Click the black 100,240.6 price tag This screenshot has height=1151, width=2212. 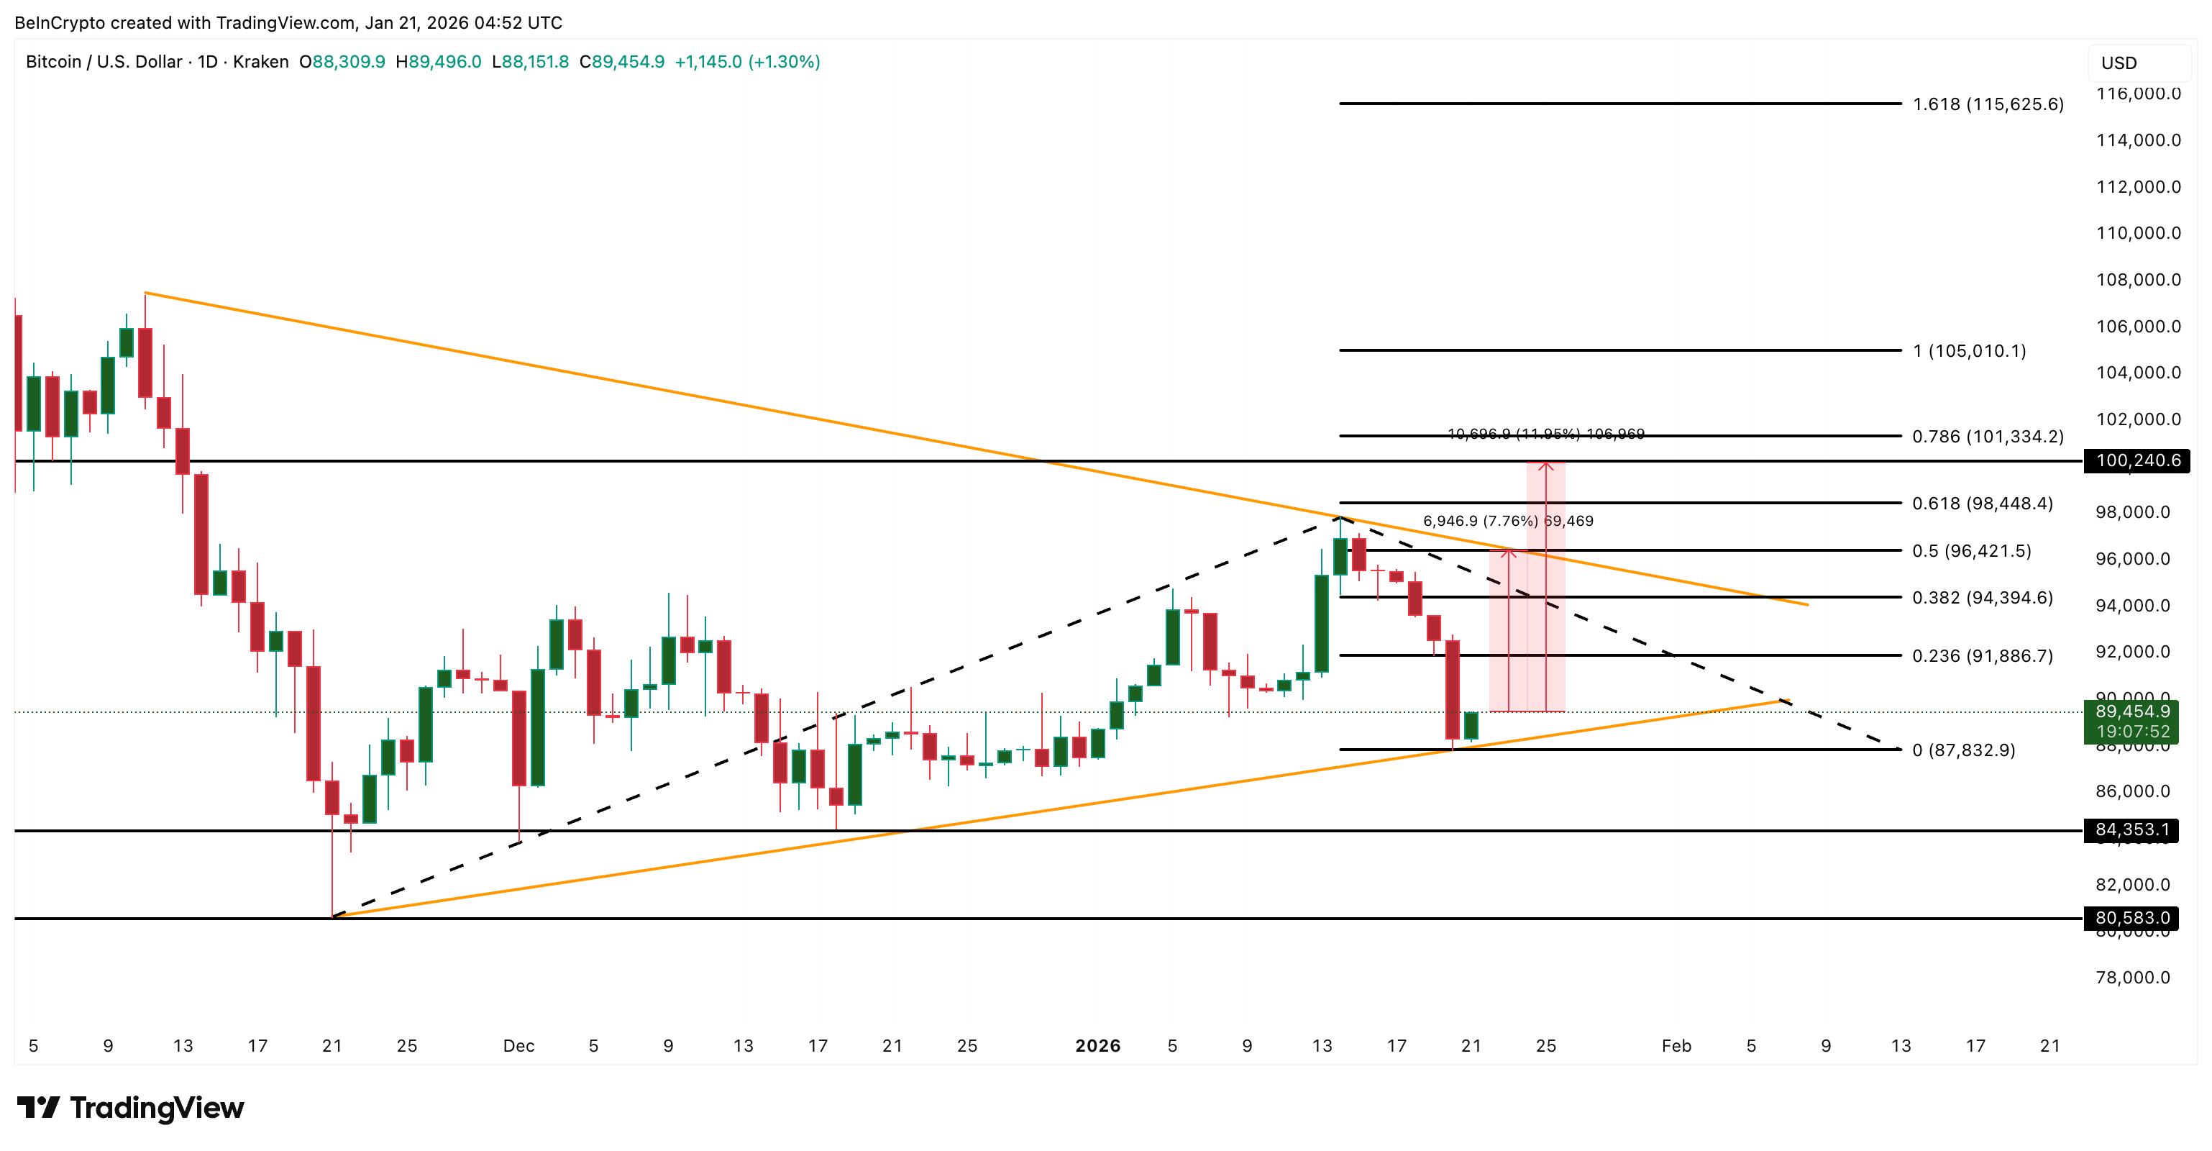(x=2136, y=461)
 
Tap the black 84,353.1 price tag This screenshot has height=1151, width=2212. (x=2131, y=829)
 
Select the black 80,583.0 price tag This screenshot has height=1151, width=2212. (x=2131, y=918)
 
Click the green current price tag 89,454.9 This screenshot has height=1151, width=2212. (x=2131, y=712)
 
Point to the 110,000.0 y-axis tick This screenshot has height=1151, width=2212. (x=2137, y=233)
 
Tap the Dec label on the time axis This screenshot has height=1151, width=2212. (x=518, y=1045)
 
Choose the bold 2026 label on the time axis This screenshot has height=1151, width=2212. (x=1097, y=1045)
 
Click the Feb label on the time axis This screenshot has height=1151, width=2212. (x=1676, y=1045)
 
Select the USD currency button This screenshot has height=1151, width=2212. (x=2119, y=63)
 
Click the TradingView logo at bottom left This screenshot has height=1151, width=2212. (x=131, y=1108)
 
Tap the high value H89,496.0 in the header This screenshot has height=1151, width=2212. (x=438, y=62)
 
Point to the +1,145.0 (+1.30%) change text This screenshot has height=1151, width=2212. (x=747, y=62)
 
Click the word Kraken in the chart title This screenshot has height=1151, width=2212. (x=260, y=62)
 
